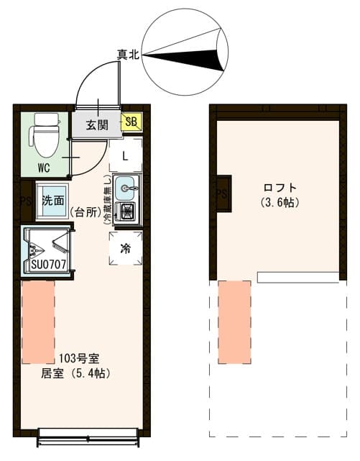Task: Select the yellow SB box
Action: [131, 122]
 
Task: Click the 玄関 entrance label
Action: [97, 124]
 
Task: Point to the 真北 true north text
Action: [129, 53]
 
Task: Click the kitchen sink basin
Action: [126, 188]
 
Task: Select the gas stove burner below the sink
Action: [127, 211]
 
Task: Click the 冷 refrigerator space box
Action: [125, 249]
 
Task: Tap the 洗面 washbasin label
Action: [52, 200]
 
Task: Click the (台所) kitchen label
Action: [86, 211]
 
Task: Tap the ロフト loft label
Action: [279, 188]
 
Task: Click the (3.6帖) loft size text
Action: [279, 202]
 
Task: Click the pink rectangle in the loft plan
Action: [234, 321]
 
